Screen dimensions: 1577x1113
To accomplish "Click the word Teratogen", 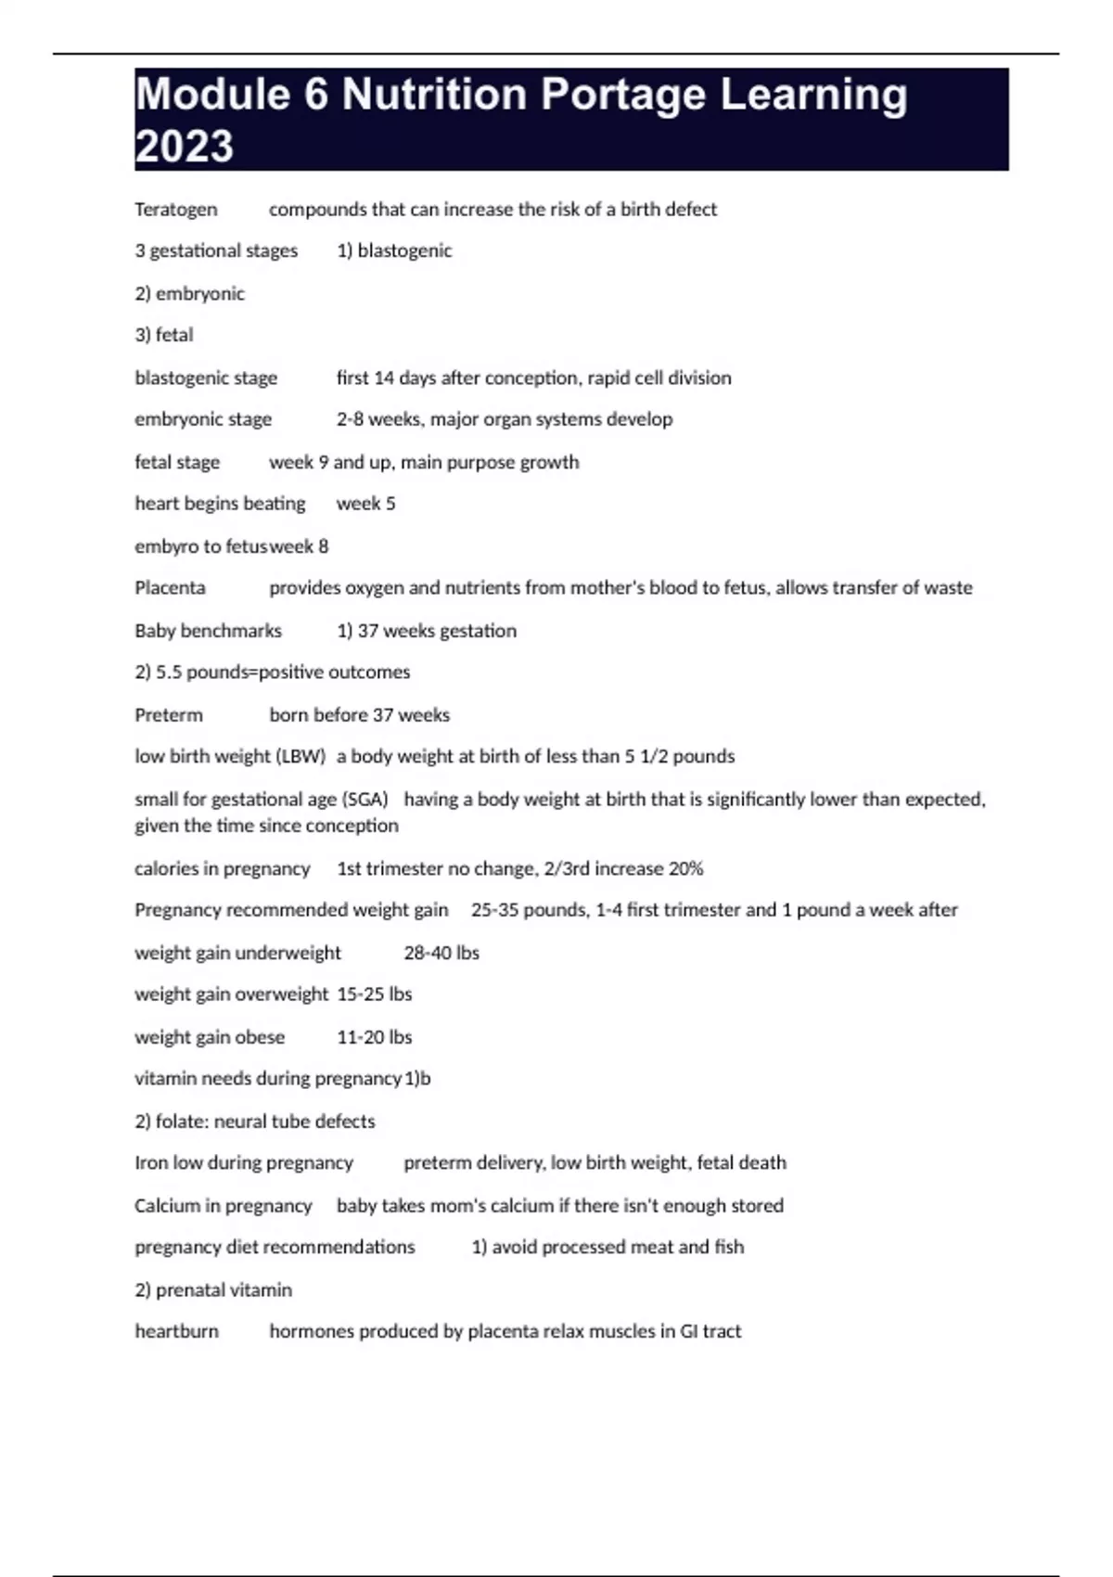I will coord(176,210).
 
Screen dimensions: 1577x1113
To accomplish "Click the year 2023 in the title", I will coord(184,147).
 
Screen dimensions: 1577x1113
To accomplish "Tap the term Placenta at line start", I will coord(170,588).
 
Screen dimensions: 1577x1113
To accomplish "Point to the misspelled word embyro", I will coord(166,546).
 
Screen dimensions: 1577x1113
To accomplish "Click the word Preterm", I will coord(168,715).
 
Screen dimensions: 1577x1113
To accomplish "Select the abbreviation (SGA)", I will coord(365,800).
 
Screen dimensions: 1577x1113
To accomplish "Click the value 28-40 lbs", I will coord(441,953).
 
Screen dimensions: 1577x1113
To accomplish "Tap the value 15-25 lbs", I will coord(374,994).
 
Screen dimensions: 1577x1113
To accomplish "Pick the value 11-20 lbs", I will coord(374,1037).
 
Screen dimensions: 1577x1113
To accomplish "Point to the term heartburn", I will coord(176,1331).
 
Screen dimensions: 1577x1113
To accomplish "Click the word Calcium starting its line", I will coord(166,1206).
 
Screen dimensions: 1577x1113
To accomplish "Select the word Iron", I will coord(151,1163).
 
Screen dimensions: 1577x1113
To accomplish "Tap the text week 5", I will coord(365,504).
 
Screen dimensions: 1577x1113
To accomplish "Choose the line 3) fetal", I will coord(163,335).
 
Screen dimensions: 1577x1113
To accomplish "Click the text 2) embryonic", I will coord(189,294).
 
